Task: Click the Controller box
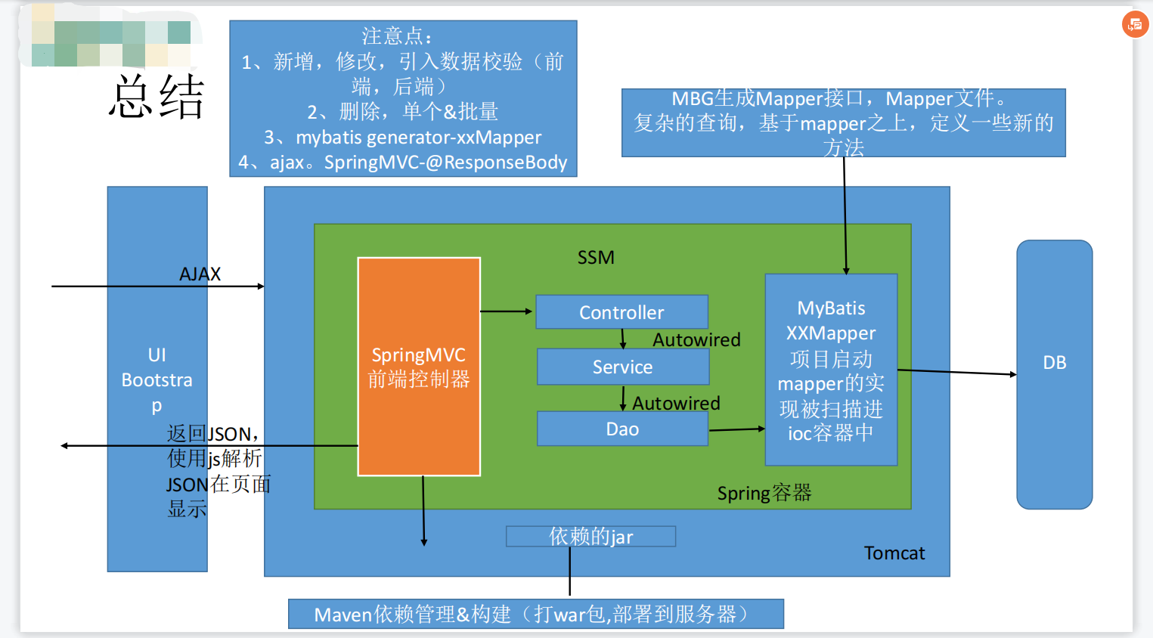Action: tap(621, 312)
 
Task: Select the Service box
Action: tap(622, 367)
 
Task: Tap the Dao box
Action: tap(622, 429)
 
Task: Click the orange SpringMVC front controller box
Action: tap(419, 367)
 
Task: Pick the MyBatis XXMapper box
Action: tap(831, 370)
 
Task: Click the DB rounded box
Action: tap(1054, 374)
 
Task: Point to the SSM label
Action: tap(596, 258)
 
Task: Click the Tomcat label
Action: tap(894, 553)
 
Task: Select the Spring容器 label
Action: tap(764, 494)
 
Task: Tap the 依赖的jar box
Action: tap(590, 537)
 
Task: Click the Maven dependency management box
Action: tap(535, 614)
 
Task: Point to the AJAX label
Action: tap(200, 274)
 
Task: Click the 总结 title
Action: tap(157, 97)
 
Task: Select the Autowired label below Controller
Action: tap(696, 340)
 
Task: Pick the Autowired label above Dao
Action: tap(676, 404)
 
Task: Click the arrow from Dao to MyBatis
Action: tap(736, 429)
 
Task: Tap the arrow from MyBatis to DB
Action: tap(956, 372)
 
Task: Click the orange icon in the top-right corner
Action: tap(1135, 25)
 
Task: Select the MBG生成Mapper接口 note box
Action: tap(843, 122)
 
